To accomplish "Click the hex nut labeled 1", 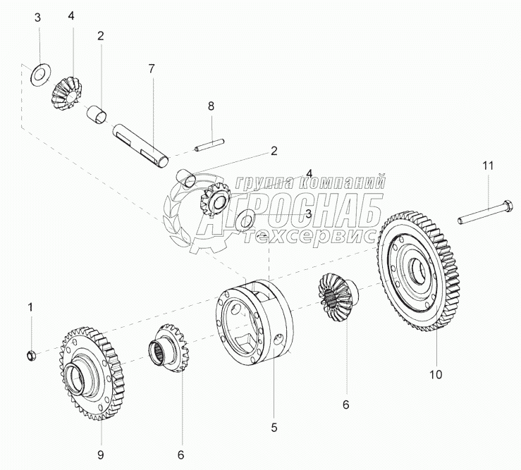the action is coord(31,356).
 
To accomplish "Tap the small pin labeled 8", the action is coord(209,145).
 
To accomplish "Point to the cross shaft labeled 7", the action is coord(140,145).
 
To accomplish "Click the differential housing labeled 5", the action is coord(255,323).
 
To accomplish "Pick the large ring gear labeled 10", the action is coord(418,271).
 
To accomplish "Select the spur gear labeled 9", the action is coord(92,373).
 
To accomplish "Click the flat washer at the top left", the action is coord(39,75).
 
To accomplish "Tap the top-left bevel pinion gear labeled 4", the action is coord(66,93).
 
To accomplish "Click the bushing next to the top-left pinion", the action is coord(97,114).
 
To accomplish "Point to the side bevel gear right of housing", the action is coord(337,297).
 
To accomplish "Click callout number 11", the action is coord(488,166).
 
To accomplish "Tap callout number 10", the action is coord(436,375).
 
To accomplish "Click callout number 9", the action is coord(100,454).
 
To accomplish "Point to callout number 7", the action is coord(152,69).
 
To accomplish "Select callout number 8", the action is coord(211,106).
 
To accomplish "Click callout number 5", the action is coord(274,428).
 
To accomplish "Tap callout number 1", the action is coord(30,307).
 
